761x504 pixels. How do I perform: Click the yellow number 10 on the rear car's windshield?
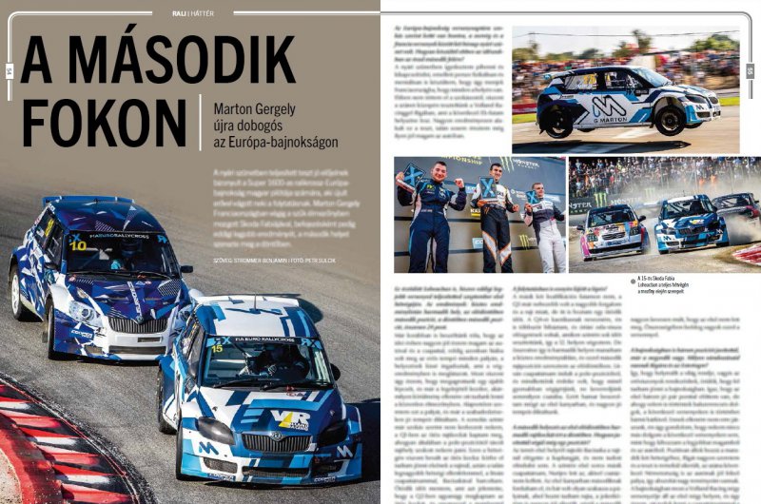(x=78, y=245)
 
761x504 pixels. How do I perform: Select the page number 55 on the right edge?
(x=751, y=69)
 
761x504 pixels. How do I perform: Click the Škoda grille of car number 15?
(x=277, y=443)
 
